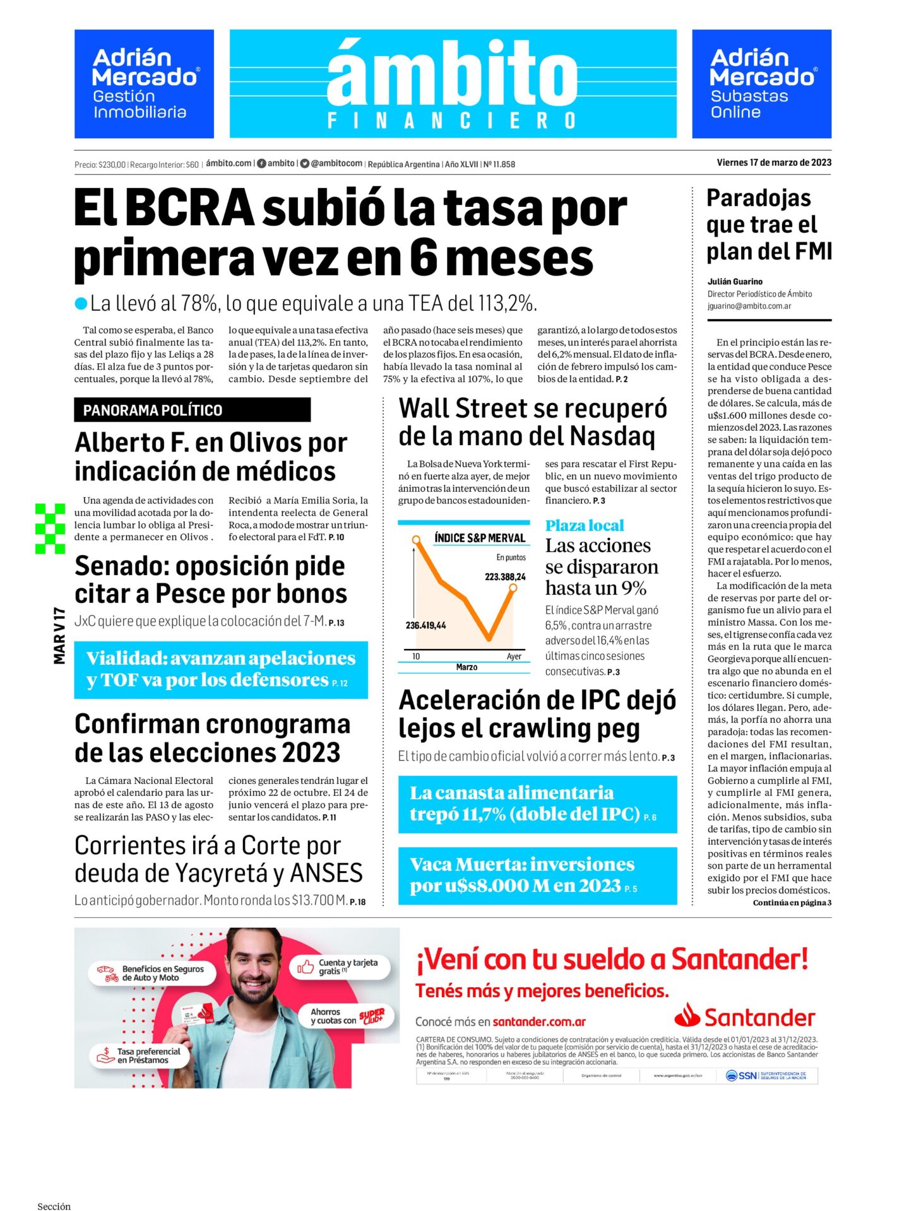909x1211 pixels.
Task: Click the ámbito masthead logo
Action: coord(452,83)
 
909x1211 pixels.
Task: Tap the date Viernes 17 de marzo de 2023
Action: coord(774,163)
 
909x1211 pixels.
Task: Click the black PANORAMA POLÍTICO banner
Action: coord(192,410)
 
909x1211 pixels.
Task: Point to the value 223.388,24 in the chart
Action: coord(505,576)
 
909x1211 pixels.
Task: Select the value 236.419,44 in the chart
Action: coord(425,625)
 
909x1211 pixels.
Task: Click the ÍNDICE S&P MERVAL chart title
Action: coord(479,538)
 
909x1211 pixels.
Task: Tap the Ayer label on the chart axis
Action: coord(514,657)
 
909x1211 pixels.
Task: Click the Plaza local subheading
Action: coord(585,525)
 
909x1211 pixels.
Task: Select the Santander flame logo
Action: coord(687,1015)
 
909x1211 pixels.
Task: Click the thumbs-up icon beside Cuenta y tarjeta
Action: coord(306,966)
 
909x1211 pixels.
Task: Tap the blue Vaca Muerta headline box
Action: coord(537,875)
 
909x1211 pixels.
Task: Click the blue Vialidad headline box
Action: coord(221,669)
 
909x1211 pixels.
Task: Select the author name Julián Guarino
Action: coord(735,282)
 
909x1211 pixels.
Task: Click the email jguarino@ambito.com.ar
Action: coord(749,306)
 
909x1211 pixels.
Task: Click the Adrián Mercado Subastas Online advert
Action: coord(761,84)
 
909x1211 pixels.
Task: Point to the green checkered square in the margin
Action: coord(50,529)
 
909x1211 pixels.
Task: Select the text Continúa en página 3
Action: coord(792,903)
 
